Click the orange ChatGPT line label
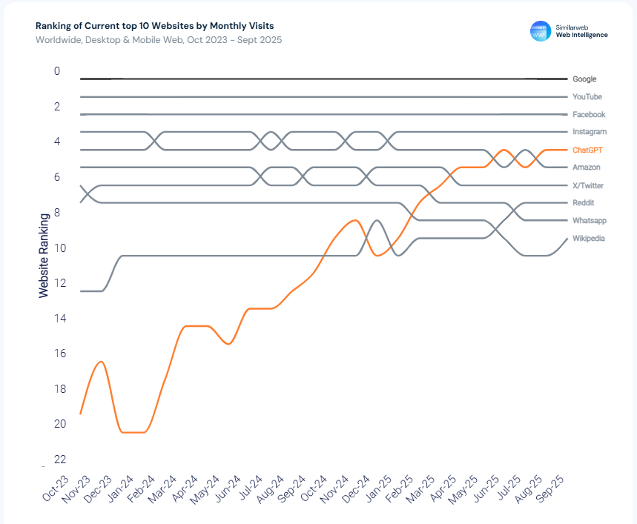pyautogui.click(x=587, y=150)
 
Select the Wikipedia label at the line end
pyautogui.click(x=589, y=239)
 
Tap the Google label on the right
pyautogui.click(x=584, y=79)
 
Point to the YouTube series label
pyautogui.click(x=587, y=97)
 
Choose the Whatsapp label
pyautogui.click(x=589, y=221)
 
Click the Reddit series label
pyautogui.click(x=584, y=203)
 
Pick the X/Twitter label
pyautogui.click(x=588, y=185)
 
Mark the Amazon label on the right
pyautogui.click(x=586, y=168)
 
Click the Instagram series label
pyautogui.click(x=590, y=132)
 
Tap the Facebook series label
pyautogui.click(x=589, y=115)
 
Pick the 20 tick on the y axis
pyautogui.click(x=59, y=424)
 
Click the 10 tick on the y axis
pyautogui.click(x=59, y=248)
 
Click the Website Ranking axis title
pyautogui.click(x=44, y=256)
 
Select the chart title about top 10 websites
pyautogui.click(x=154, y=26)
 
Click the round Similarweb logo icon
pyautogui.click(x=541, y=31)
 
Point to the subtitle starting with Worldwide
pyautogui.click(x=159, y=40)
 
